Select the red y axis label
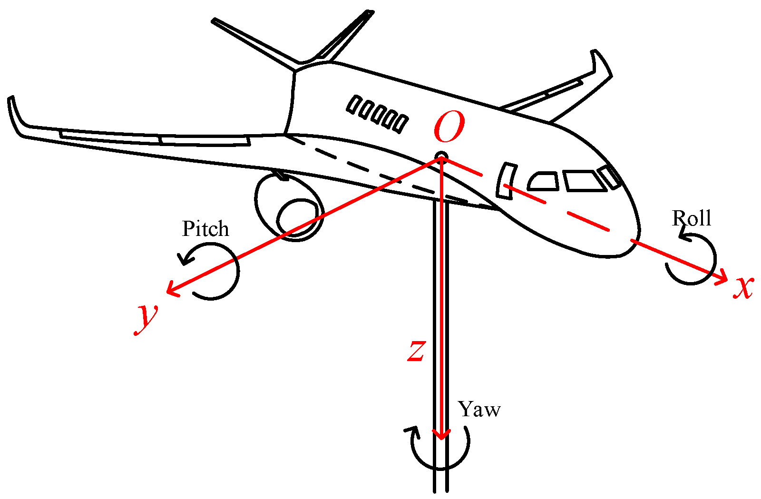coord(146,318)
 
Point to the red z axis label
coord(416,351)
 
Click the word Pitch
coord(205,229)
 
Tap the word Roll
coord(691,218)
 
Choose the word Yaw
coord(479,410)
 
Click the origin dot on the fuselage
coord(442,157)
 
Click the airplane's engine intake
coord(297,219)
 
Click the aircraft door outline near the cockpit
coord(506,180)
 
